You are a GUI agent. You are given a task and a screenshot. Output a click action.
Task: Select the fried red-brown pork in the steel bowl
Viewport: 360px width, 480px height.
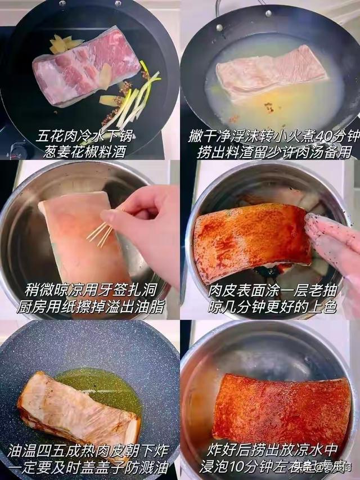click(281, 408)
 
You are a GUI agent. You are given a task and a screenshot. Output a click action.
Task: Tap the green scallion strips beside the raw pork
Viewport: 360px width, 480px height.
click(135, 98)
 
